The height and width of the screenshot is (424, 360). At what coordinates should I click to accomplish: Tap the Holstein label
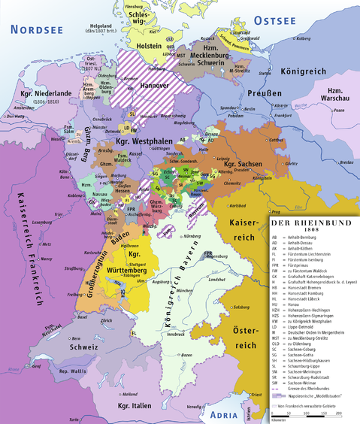[x=149, y=47]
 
